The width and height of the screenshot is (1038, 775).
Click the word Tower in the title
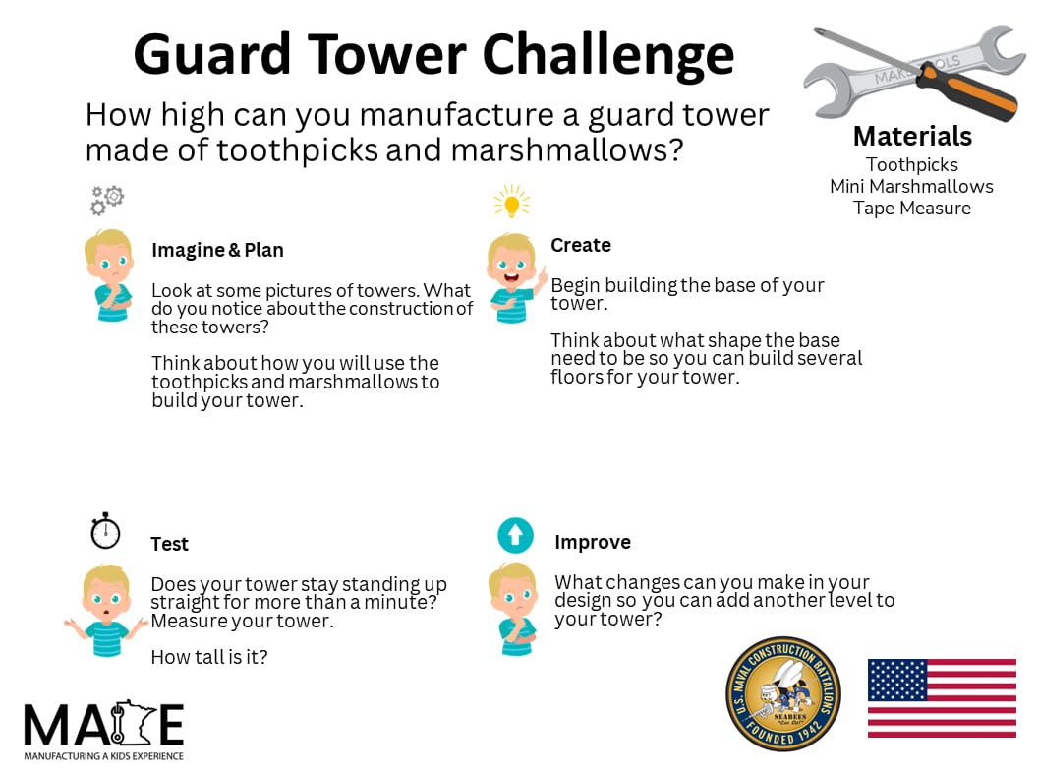(387, 54)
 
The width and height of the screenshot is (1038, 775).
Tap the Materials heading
(912, 137)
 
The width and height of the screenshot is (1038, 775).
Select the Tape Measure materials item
(912, 208)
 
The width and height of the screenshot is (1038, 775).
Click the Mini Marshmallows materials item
(911, 186)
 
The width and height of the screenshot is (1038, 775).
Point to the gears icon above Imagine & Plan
(107, 200)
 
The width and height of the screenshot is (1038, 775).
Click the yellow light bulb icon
(512, 202)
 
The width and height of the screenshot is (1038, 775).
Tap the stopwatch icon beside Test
(105, 530)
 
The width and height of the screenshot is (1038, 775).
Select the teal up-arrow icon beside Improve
(516, 535)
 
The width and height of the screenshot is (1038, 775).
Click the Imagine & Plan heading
(217, 250)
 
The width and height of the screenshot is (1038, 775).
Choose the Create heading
(581, 245)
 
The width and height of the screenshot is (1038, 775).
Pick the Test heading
(169, 544)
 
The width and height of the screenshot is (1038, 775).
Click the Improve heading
(593, 543)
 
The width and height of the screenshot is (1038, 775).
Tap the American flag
(942, 698)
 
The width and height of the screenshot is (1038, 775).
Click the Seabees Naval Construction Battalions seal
(783, 695)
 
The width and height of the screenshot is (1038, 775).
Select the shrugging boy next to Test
(106, 610)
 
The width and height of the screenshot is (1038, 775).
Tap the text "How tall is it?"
(209, 657)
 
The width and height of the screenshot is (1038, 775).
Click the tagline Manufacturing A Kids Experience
(104, 755)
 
